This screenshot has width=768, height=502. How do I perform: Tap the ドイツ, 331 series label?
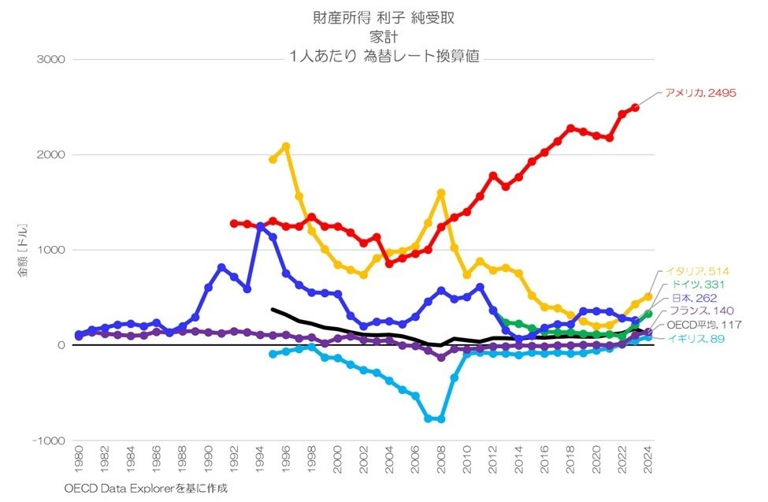(694, 284)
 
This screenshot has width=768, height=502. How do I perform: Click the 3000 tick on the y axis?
(51, 59)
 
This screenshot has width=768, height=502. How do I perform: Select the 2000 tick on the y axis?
(51, 154)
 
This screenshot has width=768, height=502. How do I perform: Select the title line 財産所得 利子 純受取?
(384, 17)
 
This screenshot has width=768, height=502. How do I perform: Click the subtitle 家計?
(384, 36)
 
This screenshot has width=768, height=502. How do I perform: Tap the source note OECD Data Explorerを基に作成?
(146, 489)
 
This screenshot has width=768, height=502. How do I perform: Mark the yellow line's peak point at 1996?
(286, 147)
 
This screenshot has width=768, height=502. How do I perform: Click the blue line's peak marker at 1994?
(260, 226)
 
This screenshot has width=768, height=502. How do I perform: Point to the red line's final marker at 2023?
(636, 107)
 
